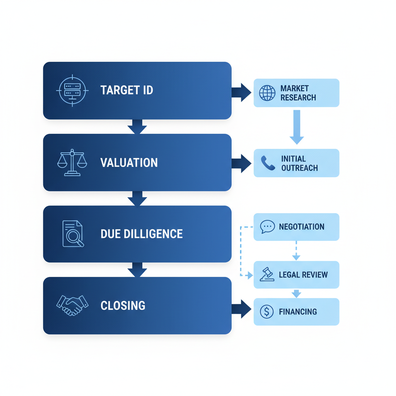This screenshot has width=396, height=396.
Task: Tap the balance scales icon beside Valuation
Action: click(72, 162)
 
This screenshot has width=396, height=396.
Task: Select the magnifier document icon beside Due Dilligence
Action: click(73, 234)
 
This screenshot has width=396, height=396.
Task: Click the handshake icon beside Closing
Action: click(72, 305)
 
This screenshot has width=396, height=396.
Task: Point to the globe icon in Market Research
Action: click(267, 93)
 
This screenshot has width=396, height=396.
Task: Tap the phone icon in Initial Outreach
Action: click(268, 163)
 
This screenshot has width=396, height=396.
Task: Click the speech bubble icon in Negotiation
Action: click(267, 227)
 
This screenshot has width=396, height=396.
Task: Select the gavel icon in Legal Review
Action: click(267, 275)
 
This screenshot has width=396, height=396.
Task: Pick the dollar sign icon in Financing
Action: click(267, 312)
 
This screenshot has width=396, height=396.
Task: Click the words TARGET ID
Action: click(127, 90)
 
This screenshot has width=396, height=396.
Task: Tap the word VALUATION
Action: click(129, 162)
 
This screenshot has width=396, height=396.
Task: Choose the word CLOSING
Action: click(123, 306)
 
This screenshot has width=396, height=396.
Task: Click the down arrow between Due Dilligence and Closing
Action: click(137, 270)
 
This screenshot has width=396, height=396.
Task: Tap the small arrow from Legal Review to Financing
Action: click(296, 293)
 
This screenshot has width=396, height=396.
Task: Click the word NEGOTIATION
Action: click(302, 227)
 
